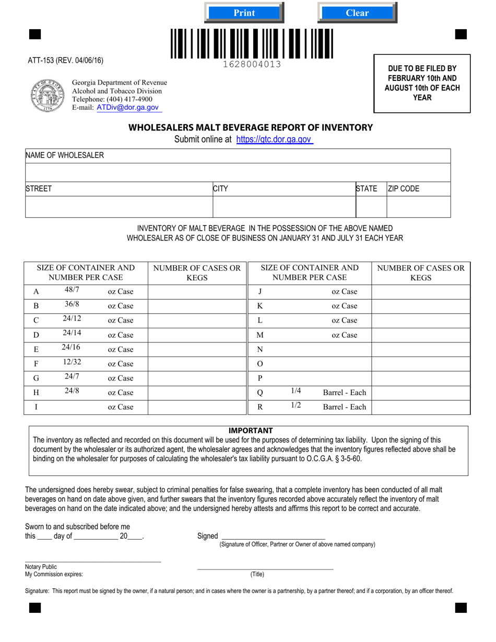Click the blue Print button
pos(244,13)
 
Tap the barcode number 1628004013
pos(252,64)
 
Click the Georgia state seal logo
pos(48,96)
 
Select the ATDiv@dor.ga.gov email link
pos(127,108)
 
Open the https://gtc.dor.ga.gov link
pos(274,139)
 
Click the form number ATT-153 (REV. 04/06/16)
pos(65,61)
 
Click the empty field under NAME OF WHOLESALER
pos(238,172)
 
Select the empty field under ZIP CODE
pos(418,207)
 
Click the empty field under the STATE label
pos(371,207)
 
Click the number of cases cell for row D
pos(197,335)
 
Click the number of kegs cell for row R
pos(420,407)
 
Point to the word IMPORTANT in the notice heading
pos(251,431)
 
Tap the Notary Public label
pos(41,567)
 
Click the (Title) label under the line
pos(257,574)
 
